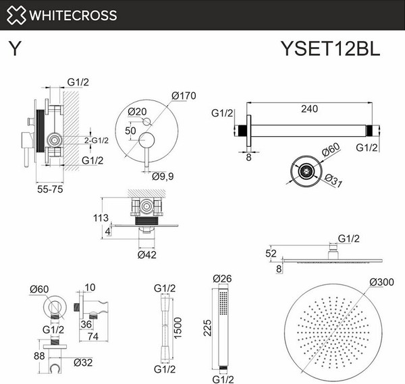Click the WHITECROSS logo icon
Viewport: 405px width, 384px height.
click(x=17, y=15)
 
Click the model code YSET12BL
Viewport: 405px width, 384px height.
click(x=330, y=49)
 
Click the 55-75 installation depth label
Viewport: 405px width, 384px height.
click(x=49, y=189)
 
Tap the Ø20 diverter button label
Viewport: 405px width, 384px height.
click(x=137, y=112)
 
